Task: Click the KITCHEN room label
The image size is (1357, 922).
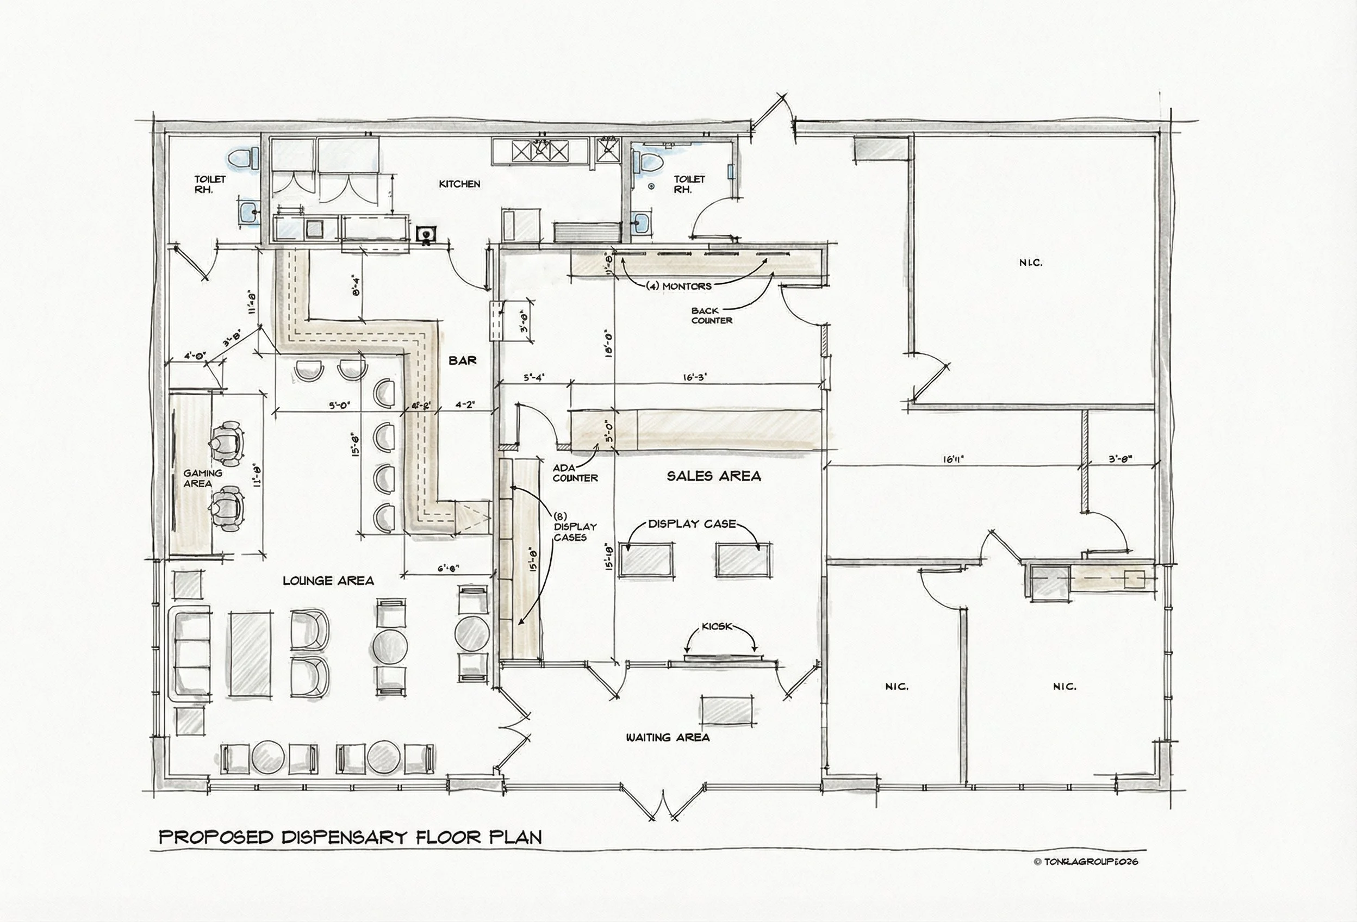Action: [459, 184]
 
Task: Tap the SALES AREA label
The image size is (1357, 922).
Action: [713, 476]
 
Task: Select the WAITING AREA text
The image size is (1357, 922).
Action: [668, 738]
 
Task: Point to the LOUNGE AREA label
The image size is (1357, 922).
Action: [328, 581]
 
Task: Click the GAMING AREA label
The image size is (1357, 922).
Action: [202, 478]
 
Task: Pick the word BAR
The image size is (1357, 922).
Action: [463, 361]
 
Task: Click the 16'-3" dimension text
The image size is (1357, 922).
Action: [694, 377]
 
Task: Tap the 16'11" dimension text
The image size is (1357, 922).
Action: [953, 459]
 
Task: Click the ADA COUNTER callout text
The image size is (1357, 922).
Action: [575, 473]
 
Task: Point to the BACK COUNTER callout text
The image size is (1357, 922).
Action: [711, 315]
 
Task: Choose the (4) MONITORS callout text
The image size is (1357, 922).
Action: [678, 286]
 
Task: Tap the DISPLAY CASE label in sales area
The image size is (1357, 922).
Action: [692, 524]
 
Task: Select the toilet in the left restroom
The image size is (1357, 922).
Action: [242, 158]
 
